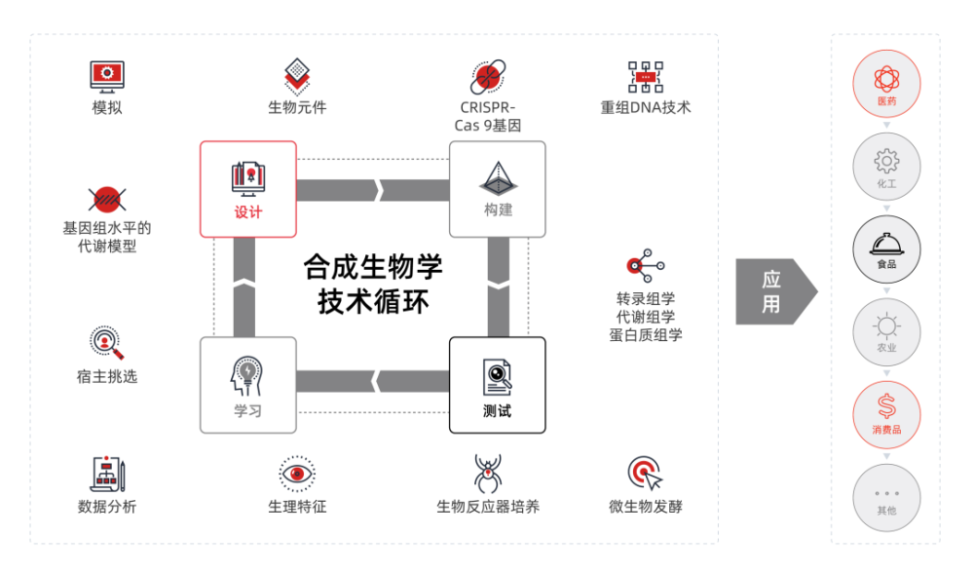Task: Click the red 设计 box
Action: pos(247,189)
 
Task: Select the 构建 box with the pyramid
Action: pos(498,189)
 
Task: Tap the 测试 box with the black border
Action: pos(498,385)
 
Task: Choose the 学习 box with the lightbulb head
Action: pos(247,385)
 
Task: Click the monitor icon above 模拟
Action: pos(107,77)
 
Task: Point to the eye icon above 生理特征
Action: pos(297,474)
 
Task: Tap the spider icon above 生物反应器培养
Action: pos(488,474)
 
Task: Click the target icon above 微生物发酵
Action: pos(646,474)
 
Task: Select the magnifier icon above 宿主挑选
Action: pos(107,342)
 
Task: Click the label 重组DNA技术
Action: pos(646,107)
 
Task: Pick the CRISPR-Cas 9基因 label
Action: pos(488,116)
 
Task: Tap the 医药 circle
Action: pos(886,84)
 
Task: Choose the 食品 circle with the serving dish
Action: pos(886,249)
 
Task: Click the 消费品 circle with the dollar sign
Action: pos(886,414)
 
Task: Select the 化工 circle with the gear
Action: pos(886,167)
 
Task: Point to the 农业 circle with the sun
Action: pos(886,332)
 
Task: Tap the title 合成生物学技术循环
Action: pos(373,284)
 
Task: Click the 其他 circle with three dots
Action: pos(886,497)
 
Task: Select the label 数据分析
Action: pos(107,507)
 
